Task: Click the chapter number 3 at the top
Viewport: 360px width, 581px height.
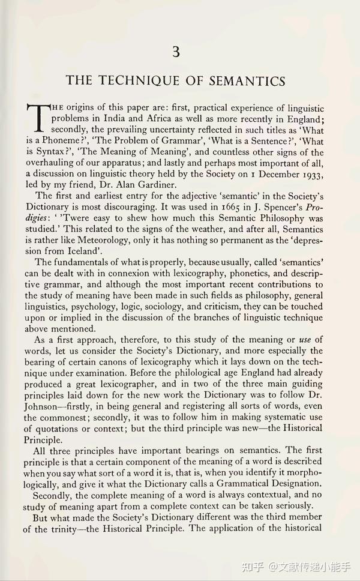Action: click(x=176, y=52)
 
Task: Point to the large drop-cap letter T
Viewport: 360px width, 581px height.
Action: click(x=36, y=118)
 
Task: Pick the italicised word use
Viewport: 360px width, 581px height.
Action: click(x=305, y=339)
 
